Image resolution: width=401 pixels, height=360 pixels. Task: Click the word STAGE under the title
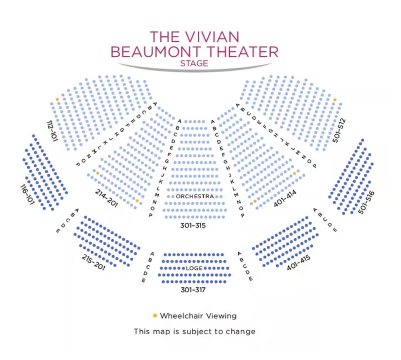click(x=194, y=63)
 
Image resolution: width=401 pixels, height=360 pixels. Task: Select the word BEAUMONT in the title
click(x=157, y=52)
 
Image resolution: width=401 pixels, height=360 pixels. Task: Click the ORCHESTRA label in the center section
click(x=195, y=196)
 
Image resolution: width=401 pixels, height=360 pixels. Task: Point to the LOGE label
click(x=194, y=268)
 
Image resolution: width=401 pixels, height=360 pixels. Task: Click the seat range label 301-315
click(x=193, y=225)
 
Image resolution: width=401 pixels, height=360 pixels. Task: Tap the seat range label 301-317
click(x=193, y=290)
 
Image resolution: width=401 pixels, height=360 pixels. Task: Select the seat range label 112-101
click(x=52, y=131)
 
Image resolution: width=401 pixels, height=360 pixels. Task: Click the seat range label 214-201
click(x=107, y=198)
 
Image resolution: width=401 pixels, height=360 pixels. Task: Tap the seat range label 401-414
click(x=285, y=198)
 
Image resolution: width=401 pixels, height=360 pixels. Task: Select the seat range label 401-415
click(x=298, y=262)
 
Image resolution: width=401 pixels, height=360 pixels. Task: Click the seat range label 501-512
click(x=339, y=130)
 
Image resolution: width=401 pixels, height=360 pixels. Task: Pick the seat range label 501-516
click(x=366, y=202)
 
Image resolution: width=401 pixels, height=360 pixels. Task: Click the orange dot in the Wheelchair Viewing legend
click(x=155, y=315)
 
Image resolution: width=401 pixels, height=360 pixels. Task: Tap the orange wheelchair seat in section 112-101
click(x=57, y=100)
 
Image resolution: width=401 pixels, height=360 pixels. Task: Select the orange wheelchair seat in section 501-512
click(x=335, y=100)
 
